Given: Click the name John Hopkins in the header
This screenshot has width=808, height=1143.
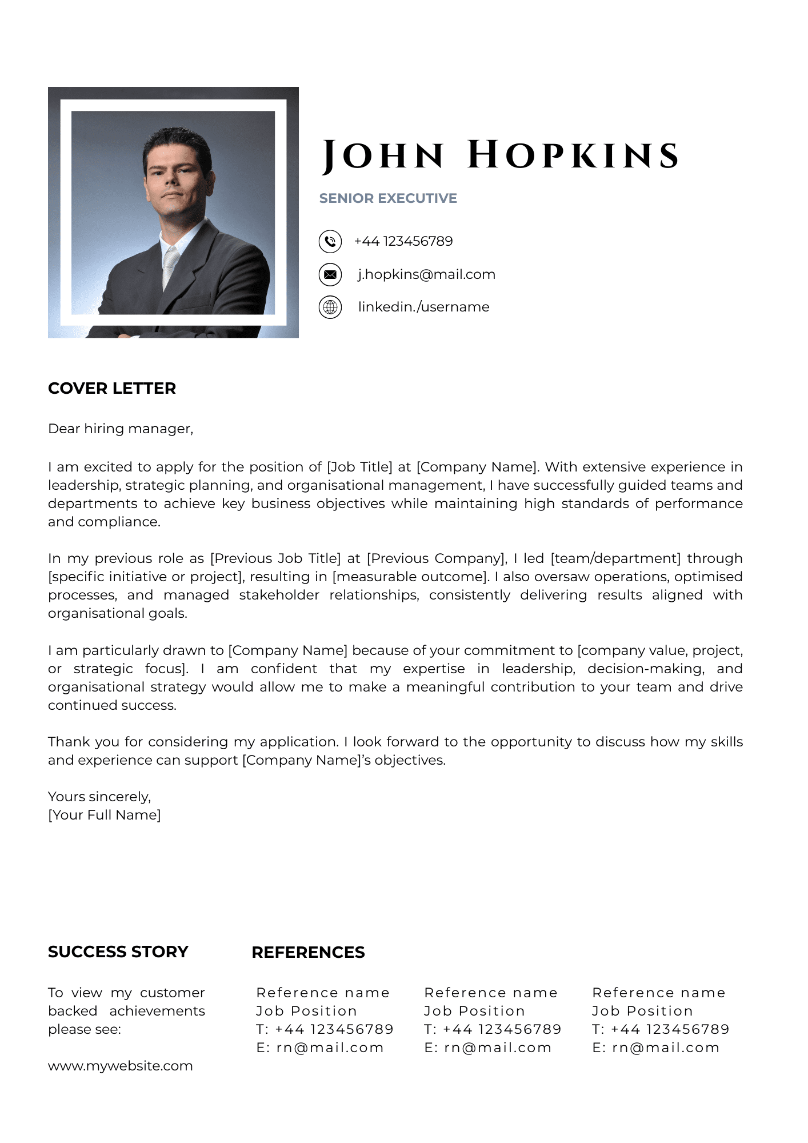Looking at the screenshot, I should [501, 155].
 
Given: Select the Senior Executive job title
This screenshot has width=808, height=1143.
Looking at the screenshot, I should [388, 198].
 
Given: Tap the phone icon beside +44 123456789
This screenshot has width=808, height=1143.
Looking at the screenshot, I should [330, 241].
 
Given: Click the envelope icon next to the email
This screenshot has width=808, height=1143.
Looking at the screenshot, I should [330, 274].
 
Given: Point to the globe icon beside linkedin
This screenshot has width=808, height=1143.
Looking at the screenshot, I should [330, 307].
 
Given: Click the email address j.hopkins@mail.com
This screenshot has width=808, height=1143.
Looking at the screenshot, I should [426, 274].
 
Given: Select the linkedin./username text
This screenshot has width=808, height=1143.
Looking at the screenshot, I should [423, 307].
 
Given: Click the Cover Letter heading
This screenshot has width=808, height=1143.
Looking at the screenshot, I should [112, 389].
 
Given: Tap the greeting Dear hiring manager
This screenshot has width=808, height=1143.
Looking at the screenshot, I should [121, 429].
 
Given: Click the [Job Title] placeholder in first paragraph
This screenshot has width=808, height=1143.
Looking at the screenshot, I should [359, 467].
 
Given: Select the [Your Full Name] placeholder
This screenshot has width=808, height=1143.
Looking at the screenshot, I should [105, 815].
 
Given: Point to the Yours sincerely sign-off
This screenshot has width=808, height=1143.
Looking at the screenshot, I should [99, 797].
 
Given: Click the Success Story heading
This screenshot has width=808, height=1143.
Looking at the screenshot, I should [118, 952].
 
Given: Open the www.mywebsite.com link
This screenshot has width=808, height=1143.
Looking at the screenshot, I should [121, 1066].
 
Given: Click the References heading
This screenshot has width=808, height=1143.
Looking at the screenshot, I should [308, 952].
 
